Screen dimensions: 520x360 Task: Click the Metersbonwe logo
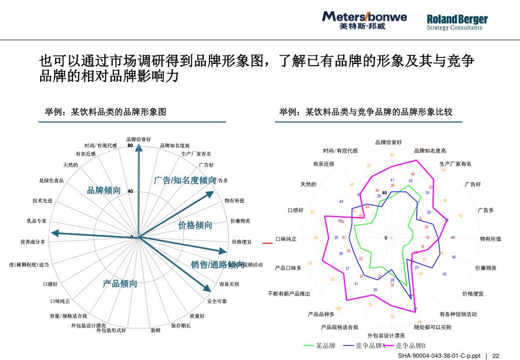(364, 20)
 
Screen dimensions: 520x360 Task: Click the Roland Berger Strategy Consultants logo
(457, 22)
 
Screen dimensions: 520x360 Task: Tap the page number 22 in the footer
(496, 356)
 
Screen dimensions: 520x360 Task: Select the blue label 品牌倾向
(104, 191)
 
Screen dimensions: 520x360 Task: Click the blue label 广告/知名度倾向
(185, 181)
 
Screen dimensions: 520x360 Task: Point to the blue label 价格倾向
(195, 225)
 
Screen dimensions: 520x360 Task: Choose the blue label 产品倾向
(120, 284)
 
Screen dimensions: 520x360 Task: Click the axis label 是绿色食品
(51, 181)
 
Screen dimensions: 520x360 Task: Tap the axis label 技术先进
(42, 201)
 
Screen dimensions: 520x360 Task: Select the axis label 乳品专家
(37, 221)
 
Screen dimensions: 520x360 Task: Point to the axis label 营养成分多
(33, 242)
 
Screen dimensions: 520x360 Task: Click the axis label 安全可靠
(217, 302)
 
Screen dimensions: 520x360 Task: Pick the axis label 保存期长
(181, 325)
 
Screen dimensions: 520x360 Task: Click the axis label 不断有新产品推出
(289, 294)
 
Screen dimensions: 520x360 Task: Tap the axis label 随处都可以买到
(433, 327)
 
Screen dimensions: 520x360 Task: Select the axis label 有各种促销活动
(458, 314)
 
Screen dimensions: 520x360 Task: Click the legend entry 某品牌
(326, 346)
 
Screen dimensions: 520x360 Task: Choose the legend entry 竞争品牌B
(410, 346)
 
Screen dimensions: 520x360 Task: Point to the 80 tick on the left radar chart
(130, 145)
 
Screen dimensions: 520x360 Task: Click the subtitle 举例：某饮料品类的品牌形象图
(105, 112)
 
